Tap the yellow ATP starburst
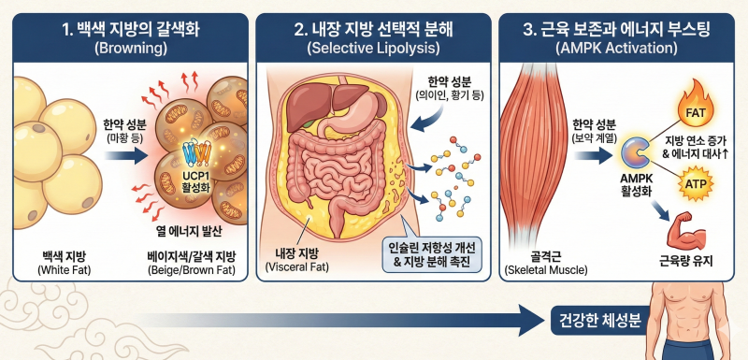point(695,182)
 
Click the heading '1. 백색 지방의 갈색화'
point(131,30)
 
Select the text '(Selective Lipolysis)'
point(373,49)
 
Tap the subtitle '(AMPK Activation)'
point(616,49)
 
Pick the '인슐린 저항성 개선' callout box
point(433,255)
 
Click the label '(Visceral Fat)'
point(297,267)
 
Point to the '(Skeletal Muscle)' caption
point(546,271)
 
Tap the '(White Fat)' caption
point(64,271)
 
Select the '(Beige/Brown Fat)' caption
point(192,271)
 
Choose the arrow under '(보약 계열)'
point(593,155)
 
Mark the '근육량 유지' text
point(685,261)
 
